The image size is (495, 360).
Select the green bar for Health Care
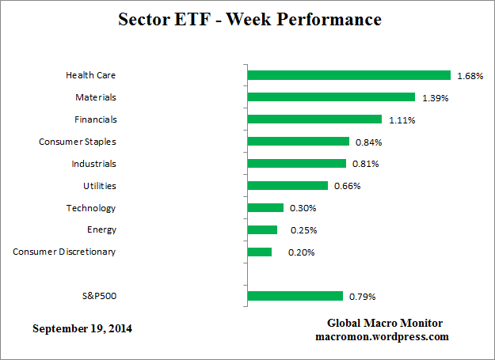(348, 75)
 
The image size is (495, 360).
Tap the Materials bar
(331, 97)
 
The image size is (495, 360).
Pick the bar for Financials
(314, 119)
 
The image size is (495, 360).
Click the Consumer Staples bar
(298, 142)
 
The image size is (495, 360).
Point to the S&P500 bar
(295, 297)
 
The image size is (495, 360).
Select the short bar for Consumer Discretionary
(260, 252)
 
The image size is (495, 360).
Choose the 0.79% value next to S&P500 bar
(362, 297)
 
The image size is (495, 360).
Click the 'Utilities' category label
(99, 186)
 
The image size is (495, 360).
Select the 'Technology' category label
(90, 208)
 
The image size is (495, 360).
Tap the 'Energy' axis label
(102, 229)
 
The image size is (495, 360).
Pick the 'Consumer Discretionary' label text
(64, 252)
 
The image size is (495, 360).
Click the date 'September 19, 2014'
(82, 328)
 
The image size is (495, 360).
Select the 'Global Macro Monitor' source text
(385, 324)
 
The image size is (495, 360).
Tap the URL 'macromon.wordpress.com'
(385, 336)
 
